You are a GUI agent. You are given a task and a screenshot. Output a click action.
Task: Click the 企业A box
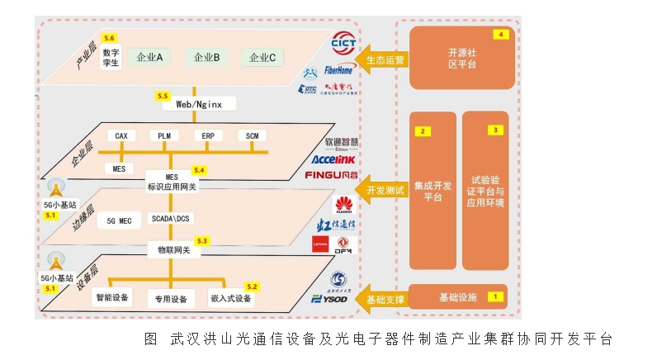tap(149, 58)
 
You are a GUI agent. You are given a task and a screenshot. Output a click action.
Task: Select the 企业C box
tap(262, 58)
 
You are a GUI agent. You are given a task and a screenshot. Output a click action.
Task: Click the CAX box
tap(121, 135)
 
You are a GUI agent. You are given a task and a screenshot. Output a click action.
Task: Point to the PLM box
tap(163, 135)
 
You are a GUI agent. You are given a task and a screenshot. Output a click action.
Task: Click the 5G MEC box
tap(114, 221)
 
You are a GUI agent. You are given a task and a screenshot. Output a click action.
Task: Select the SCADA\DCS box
tap(171, 219)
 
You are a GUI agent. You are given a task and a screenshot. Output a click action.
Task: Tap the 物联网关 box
tap(174, 249)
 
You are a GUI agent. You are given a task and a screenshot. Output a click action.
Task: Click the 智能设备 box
tap(112, 297)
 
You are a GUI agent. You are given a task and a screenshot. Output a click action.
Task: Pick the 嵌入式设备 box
tap(231, 298)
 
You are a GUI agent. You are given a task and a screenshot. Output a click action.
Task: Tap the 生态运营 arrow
tap(383, 59)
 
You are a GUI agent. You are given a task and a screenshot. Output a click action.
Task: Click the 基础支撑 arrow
tap(383, 298)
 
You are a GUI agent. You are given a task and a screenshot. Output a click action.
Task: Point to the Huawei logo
tap(343, 205)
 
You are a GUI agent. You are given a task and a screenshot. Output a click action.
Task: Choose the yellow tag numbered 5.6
tap(109, 38)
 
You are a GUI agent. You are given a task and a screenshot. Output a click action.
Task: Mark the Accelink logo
tap(333, 159)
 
